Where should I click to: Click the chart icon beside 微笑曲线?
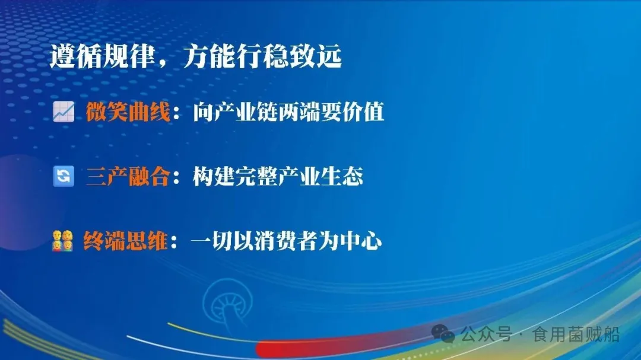[x=63, y=111]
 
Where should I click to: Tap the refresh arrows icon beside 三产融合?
[x=63, y=177]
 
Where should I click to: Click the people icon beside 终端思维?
[x=62, y=242]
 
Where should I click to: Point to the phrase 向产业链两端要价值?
[x=288, y=111]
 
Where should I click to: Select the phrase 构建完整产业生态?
[x=278, y=177]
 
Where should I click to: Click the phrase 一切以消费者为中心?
[x=286, y=242]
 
